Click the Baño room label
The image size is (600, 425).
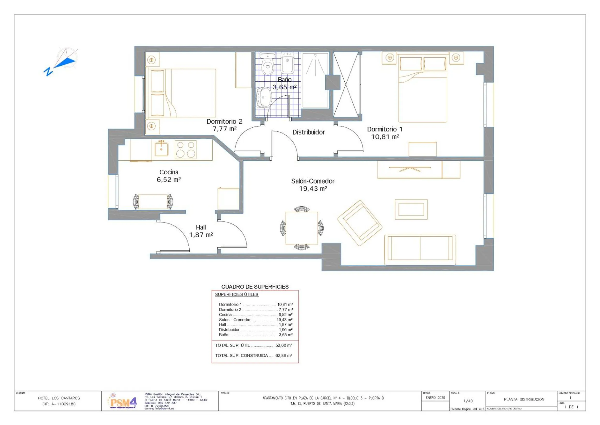(285, 80)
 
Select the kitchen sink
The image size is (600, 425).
(161, 149)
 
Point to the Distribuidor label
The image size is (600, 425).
(308, 132)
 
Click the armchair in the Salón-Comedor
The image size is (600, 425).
(360, 223)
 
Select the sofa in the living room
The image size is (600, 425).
(420, 250)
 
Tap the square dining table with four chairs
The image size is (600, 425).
(302, 228)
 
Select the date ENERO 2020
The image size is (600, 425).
(435, 398)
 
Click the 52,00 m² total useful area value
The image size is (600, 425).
(283, 345)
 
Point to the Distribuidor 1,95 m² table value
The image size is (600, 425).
(285, 330)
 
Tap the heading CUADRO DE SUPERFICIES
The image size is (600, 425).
(255, 287)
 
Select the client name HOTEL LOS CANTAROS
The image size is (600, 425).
(59, 398)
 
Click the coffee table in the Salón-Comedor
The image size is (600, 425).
(411, 209)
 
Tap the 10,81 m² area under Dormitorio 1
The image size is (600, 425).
(385, 137)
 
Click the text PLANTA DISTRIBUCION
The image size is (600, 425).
(524, 399)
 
